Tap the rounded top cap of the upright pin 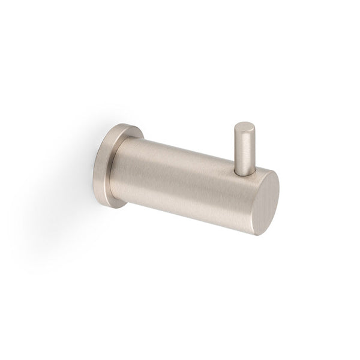pyautogui.click(x=244, y=127)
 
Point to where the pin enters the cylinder pyautogui.click(x=244, y=172)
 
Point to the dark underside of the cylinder pyautogui.click(x=180, y=210)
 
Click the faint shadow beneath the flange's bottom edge pyautogui.click(x=114, y=214)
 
